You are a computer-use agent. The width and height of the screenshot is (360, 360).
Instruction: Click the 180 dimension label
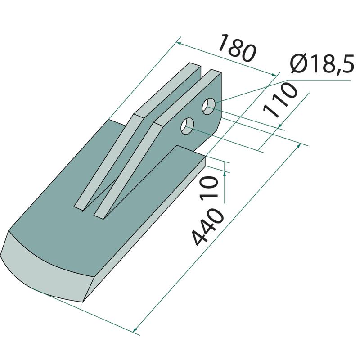[237, 48]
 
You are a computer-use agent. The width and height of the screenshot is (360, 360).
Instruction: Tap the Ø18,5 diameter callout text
[322, 65]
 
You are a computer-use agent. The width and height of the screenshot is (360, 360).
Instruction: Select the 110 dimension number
[280, 100]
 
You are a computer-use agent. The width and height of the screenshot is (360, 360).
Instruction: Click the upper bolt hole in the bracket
[208, 106]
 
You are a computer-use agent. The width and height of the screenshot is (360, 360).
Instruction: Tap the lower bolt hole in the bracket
[187, 126]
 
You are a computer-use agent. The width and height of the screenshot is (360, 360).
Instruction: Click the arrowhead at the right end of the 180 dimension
[274, 74]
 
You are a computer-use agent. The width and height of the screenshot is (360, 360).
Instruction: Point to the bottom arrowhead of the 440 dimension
[135, 329]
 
